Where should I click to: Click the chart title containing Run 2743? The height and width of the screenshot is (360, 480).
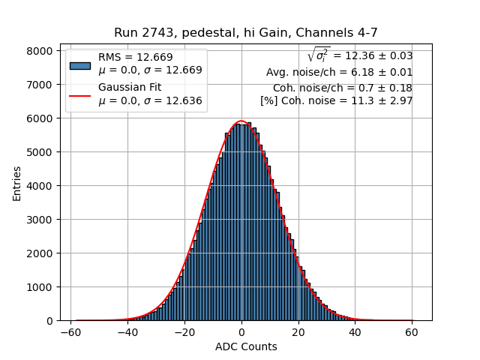click(245, 33)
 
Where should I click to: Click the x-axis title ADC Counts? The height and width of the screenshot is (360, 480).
click(245, 346)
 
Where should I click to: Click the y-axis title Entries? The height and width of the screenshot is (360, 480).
click(16, 183)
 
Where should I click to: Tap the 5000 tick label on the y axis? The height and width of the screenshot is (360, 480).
click(41, 152)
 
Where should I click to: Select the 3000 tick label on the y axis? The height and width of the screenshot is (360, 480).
click(41, 220)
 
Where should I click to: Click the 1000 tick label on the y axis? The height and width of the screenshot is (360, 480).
click(41, 287)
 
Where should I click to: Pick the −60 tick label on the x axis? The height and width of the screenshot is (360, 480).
click(70, 331)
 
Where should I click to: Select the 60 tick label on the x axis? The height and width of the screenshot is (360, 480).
click(411, 331)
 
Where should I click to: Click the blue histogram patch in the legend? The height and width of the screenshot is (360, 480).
click(79, 64)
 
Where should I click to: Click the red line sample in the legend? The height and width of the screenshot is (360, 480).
click(79, 94)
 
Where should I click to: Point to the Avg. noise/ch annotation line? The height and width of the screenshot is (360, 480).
click(339, 73)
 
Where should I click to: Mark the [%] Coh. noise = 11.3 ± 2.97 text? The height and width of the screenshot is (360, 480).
click(336, 100)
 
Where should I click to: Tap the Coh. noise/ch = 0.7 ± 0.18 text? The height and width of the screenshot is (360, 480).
click(342, 88)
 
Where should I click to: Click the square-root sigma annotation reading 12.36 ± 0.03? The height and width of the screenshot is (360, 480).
click(360, 55)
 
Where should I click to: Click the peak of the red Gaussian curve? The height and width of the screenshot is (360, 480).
click(241, 121)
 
